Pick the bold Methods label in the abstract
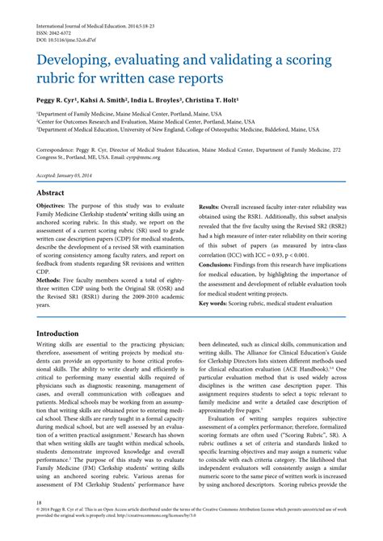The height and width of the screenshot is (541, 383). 53,274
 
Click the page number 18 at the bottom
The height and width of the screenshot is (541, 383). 39,525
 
